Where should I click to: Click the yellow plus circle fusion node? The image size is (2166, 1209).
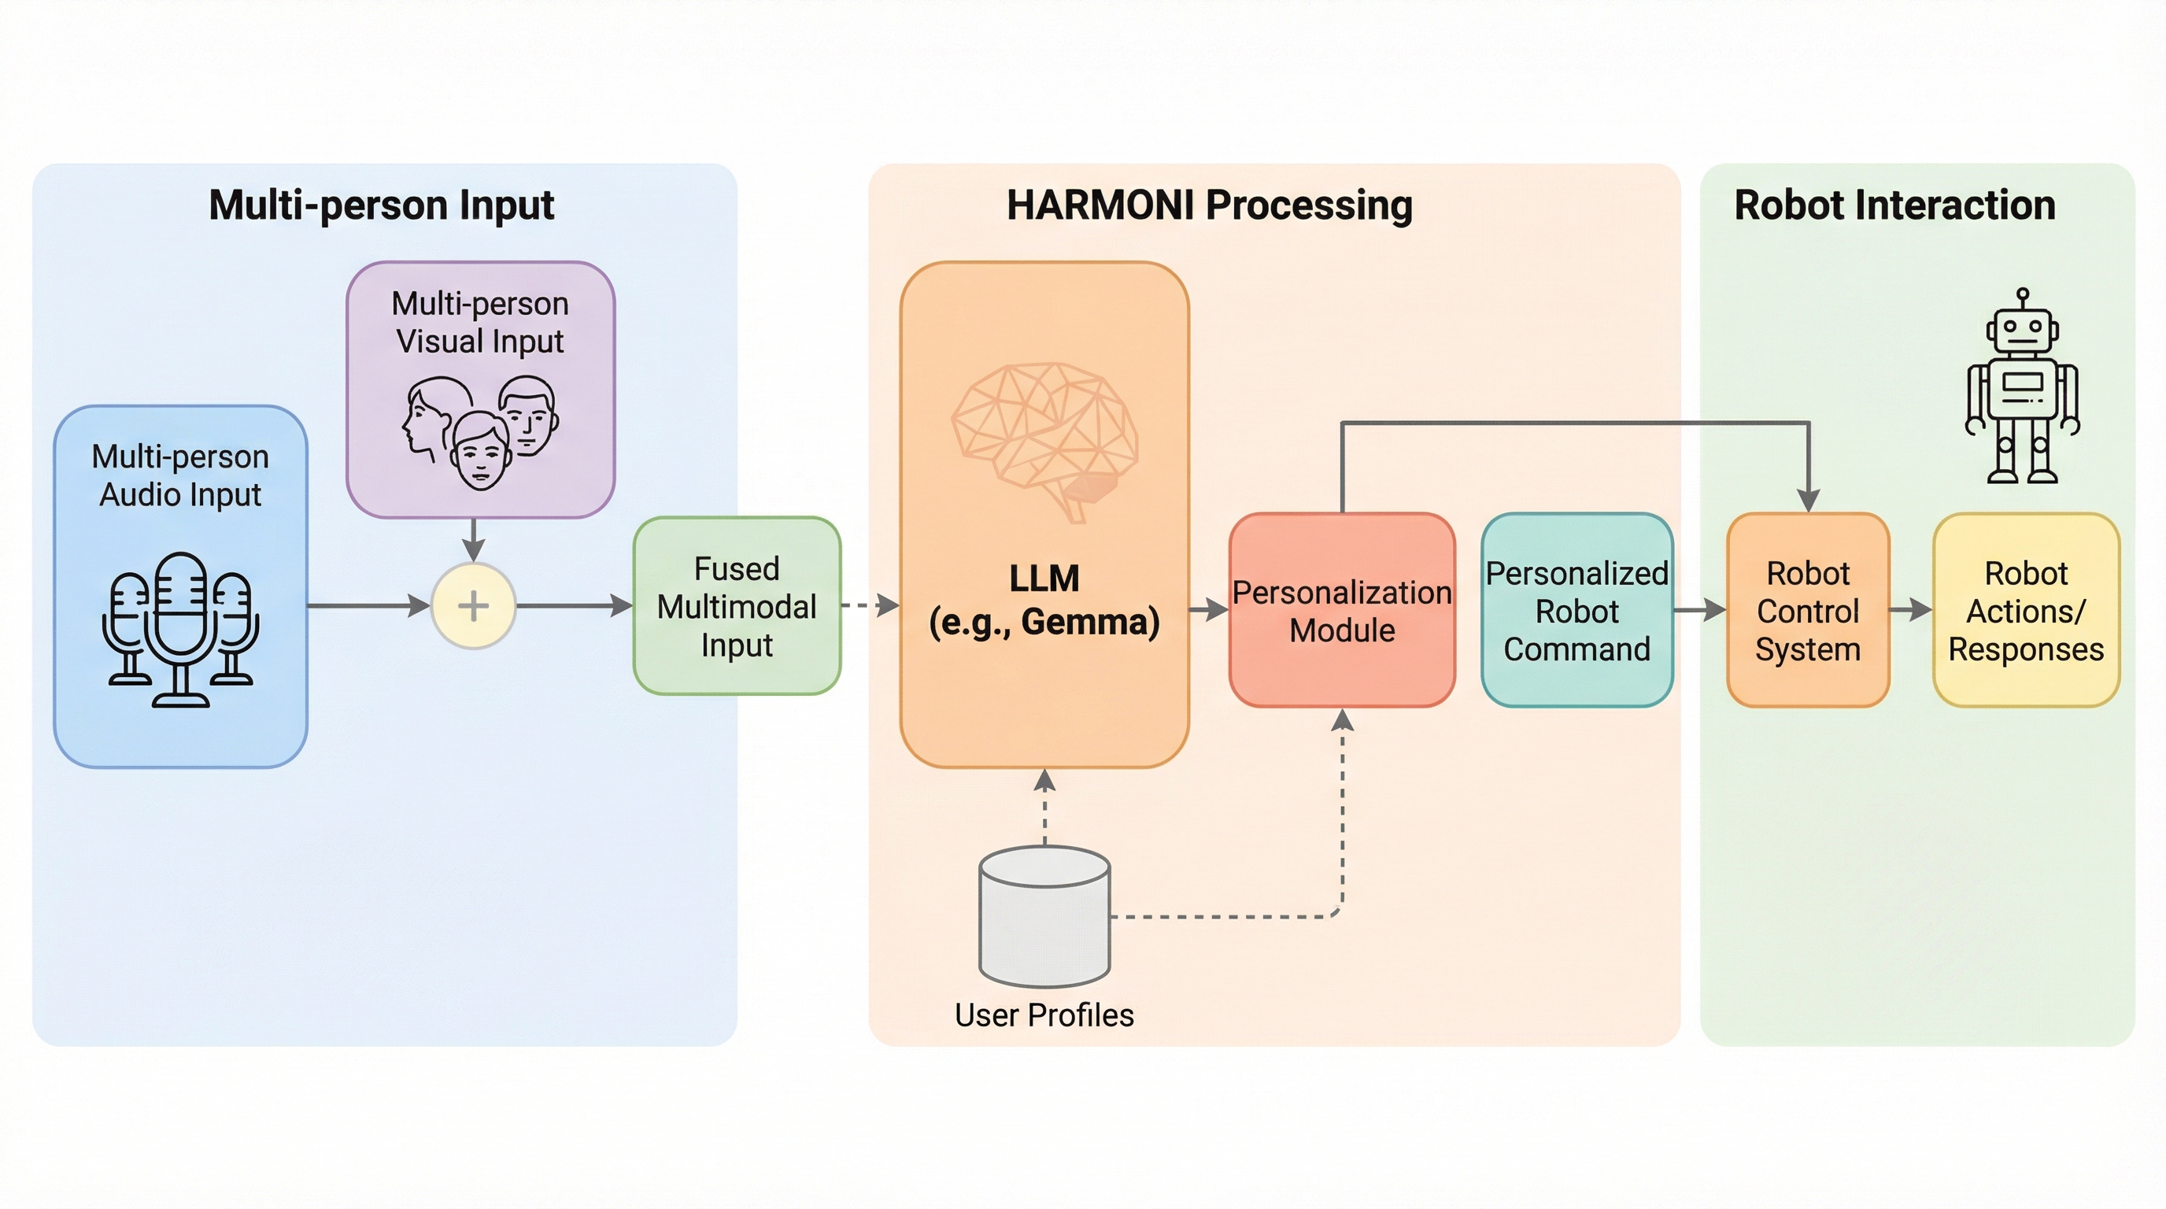click(473, 605)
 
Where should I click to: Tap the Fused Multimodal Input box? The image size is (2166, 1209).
click(737, 606)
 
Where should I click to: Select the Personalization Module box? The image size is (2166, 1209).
click(1342, 610)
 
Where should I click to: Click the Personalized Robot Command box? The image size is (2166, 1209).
click(1576, 610)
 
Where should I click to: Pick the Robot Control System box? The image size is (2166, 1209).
click(1808, 610)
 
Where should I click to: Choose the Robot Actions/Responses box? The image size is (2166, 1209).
click(2026, 610)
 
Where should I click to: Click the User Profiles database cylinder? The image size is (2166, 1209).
click(1044, 916)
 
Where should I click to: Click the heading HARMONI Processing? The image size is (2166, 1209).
click(1209, 205)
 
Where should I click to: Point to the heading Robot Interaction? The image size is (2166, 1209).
click(1894, 205)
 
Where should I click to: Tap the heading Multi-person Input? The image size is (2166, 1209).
click(381, 205)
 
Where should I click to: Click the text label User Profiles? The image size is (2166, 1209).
click(1044, 1015)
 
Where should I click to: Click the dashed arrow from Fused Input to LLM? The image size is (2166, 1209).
click(870, 605)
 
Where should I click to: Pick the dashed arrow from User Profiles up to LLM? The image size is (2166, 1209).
click(1044, 807)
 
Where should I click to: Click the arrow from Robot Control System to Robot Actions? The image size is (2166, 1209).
click(1910, 609)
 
